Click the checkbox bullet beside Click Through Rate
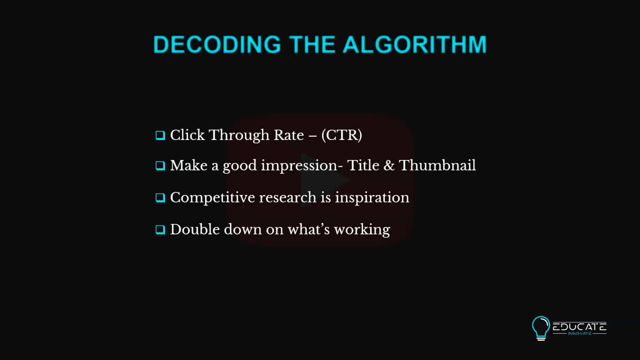click(x=160, y=135)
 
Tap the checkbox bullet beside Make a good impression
click(x=160, y=166)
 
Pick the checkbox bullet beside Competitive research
click(x=160, y=197)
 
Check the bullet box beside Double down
click(x=160, y=230)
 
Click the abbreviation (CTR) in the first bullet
click(x=341, y=135)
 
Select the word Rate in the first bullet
click(x=288, y=135)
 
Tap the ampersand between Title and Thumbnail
click(x=389, y=165)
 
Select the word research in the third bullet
click(x=287, y=197)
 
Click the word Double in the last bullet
click(x=195, y=229)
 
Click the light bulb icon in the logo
click(x=541, y=328)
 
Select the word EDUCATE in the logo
click(x=579, y=327)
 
